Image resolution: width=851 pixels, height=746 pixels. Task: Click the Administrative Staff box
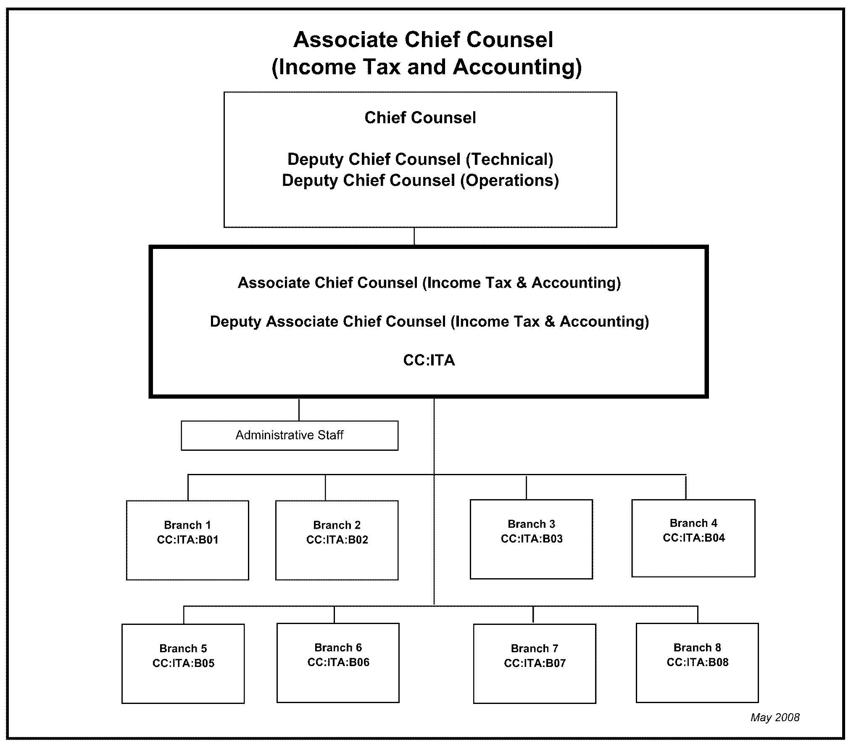[x=290, y=435]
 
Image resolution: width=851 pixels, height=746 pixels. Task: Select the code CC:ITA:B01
[x=188, y=540]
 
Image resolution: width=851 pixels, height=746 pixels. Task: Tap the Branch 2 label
[x=337, y=525]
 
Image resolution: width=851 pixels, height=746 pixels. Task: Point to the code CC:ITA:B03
[x=532, y=539]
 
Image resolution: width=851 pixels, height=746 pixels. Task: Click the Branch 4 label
[x=693, y=523]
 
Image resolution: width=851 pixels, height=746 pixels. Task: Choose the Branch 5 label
[x=183, y=648]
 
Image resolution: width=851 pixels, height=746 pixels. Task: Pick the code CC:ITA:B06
[x=338, y=662]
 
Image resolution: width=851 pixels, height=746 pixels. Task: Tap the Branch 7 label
[x=535, y=648]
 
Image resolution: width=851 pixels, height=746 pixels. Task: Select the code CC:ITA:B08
[x=698, y=662]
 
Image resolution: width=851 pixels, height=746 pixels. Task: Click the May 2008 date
[x=775, y=717]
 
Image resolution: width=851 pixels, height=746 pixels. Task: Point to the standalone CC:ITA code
[x=429, y=360]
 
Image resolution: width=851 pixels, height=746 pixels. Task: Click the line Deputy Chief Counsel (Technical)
[x=420, y=159]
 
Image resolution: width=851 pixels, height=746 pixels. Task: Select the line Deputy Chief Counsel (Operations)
[x=420, y=180]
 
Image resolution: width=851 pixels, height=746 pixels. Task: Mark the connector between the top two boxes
[x=414, y=236]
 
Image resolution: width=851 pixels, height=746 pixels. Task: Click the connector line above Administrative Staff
[x=299, y=410]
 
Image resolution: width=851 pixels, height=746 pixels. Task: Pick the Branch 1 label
[x=187, y=525]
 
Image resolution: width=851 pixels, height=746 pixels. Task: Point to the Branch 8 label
[x=698, y=648]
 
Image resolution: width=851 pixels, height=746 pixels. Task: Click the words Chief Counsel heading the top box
[x=420, y=118]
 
